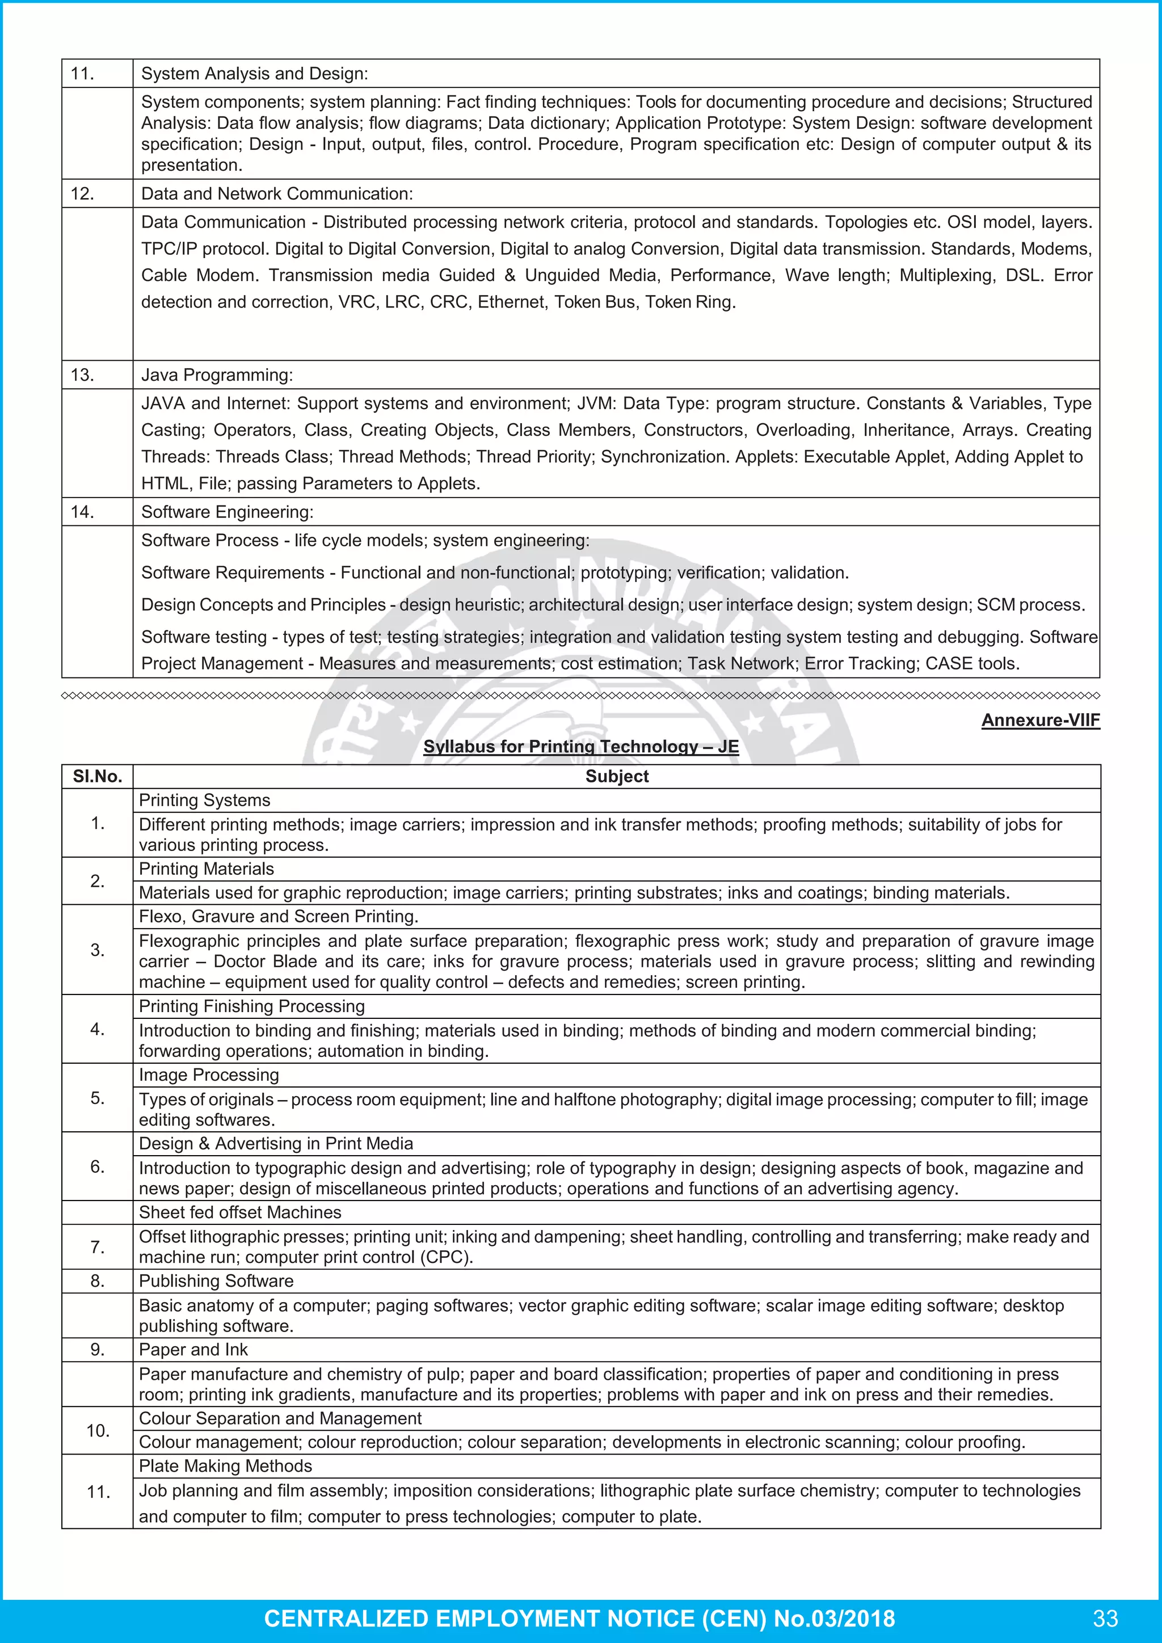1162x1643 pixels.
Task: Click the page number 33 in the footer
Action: point(1105,1618)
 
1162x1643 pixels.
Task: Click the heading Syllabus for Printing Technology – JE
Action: point(580,747)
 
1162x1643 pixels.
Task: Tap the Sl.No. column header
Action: point(98,777)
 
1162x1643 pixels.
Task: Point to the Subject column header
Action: point(616,777)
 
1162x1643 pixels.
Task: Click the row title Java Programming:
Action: point(217,375)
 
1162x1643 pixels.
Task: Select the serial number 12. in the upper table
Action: point(82,194)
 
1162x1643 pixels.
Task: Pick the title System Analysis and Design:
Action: point(254,74)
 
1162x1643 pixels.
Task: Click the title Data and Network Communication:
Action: point(277,194)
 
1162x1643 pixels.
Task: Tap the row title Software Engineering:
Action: point(227,512)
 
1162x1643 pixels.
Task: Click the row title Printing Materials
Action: point(206,869)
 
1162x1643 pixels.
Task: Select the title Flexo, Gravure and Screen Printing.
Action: point(279,917)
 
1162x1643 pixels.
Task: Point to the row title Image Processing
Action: point(209,1075)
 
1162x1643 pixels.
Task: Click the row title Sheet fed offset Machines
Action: point(239,1212)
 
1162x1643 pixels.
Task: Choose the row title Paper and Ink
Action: point(193,1350)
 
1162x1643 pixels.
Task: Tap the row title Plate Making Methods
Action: point(225,1465)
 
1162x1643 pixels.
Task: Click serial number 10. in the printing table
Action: point(98,1430)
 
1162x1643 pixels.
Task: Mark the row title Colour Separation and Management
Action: point(280,1418)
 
